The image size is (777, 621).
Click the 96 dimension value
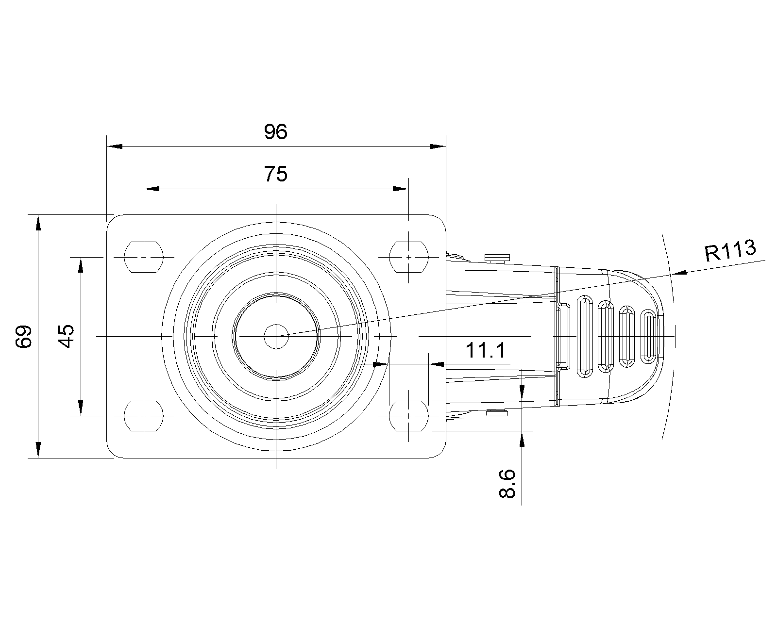(x=275, y=131)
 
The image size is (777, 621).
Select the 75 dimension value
(x=275, y=174)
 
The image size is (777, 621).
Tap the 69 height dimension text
(x=24, y=336)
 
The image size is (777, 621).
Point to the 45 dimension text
(x=67, y=336)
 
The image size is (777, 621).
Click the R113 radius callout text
(x=730, y=250)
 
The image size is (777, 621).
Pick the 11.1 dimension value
(x=486, y=350)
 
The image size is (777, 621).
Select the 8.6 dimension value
(x=507, y=484)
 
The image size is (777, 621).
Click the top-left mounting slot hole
(x=144, y=257)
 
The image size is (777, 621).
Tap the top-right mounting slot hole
(x=409, y=257)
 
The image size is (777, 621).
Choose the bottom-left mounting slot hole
(x=144, y=416)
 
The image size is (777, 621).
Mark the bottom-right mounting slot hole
(x=409, y=416)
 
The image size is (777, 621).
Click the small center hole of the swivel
(x=276, y=336)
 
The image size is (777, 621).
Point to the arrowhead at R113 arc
(x=679, y=273)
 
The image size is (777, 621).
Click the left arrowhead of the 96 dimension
(x=115, y=147)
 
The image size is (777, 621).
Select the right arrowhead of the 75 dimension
(x=401, y=189)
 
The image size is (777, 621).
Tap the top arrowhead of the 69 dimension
(x=38, y=223)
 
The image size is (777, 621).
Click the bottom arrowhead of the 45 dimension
(x=81, y=408)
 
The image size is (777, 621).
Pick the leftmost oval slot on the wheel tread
(x=585, y=337)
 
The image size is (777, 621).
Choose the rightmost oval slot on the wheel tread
(x=648, y=337)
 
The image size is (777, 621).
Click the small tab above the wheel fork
(x=498, y=258)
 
